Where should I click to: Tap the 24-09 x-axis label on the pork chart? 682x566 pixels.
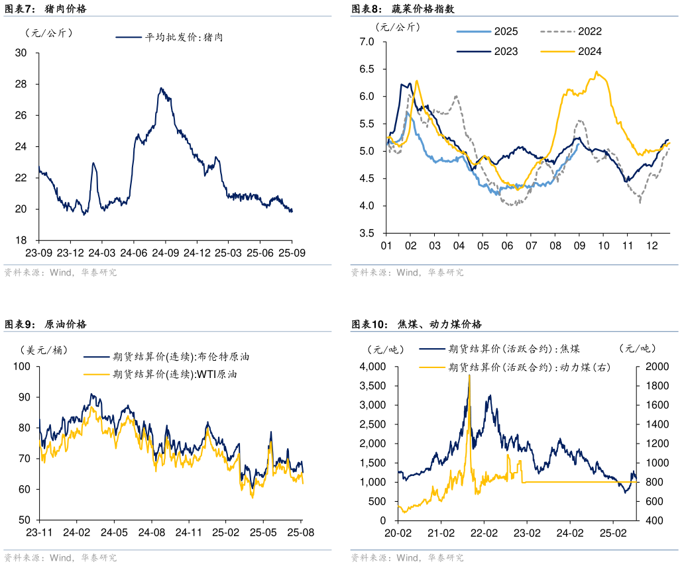165,253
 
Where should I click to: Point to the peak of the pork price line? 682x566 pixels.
160,88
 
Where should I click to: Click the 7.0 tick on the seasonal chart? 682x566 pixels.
367,42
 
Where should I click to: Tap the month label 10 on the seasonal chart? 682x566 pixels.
603,246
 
